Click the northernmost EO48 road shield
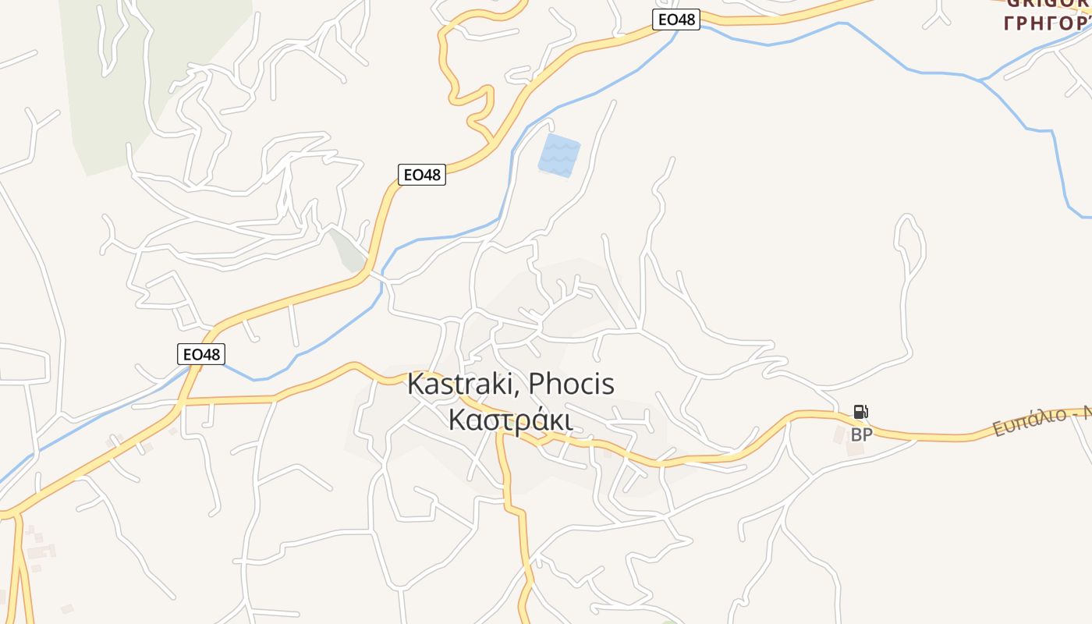click(676, 19)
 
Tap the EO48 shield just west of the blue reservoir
click(422, 175)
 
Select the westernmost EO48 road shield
click(201, 354)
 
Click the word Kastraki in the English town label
click(463, 384)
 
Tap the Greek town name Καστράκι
click(511, 420)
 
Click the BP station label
click(861, 435)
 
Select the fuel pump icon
click(860, 412)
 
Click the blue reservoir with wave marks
click(559, 154)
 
